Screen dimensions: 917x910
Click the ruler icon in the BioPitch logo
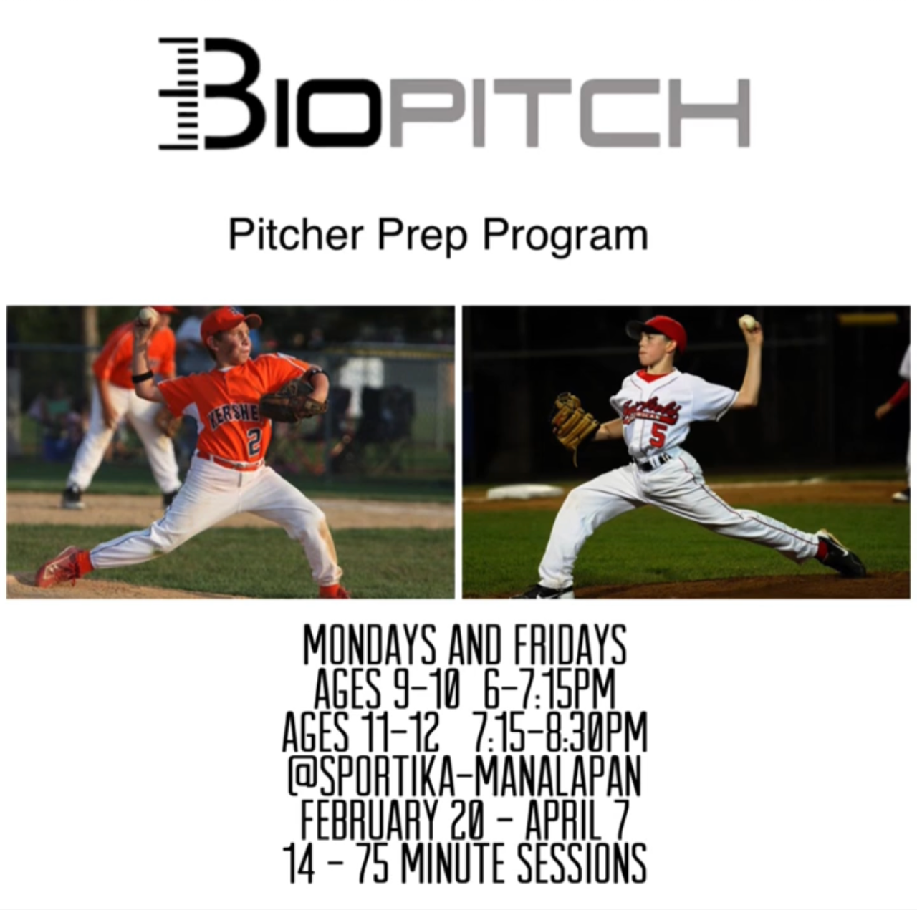pos(178,94)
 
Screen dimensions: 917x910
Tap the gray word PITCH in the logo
pos(569,112)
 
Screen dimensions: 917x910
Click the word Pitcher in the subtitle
pos(296,235)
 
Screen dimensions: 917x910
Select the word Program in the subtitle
pos(566,238)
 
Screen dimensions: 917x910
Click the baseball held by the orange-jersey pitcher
pos(147,315)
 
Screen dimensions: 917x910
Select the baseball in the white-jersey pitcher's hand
pos(748,322)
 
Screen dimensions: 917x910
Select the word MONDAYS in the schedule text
pos(370,646)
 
